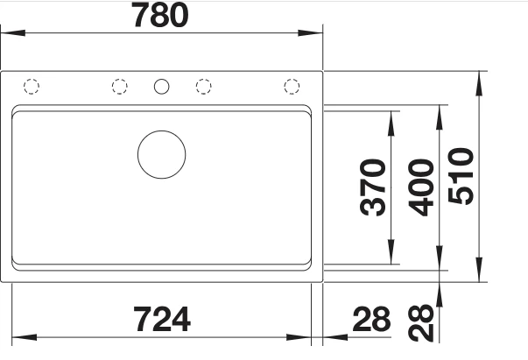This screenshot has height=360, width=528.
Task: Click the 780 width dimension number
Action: [160, 15]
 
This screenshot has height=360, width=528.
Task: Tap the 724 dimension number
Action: [162, 319]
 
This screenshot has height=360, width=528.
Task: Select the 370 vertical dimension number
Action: [372, 187]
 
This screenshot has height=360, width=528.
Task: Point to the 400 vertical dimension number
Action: [420, 187]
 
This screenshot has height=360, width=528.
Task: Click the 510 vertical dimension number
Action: [461, 176]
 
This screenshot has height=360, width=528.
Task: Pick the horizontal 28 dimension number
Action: [371, 319]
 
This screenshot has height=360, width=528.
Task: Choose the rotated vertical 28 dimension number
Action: [420, 323]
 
